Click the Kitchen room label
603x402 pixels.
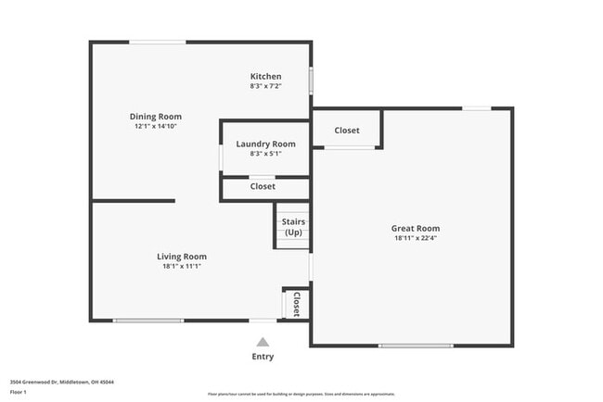[x=265, y=76]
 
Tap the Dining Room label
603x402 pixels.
[x=154, y=117]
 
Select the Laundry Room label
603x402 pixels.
[x=265, y=144]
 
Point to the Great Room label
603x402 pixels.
[x=416, y=228]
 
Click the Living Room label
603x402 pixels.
[x=181, y=257]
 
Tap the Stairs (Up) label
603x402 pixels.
[x=293, y=227]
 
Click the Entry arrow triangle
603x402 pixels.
[x=263, y=342]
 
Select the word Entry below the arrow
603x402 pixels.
[x=263, y=357]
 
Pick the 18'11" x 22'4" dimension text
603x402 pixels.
[x=416, y=238]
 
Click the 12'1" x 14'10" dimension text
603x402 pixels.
[x=154, y=126]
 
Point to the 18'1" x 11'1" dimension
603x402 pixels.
[x=181, y=266]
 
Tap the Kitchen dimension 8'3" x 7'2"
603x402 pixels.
[x=265, y=86]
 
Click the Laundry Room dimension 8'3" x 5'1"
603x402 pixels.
[x=265, y=154]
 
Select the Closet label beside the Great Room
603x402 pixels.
[x=347, y=131]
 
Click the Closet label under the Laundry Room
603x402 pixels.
[x=263, y=186]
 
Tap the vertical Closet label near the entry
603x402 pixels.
[x=297, y=305]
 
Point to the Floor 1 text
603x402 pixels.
[x=19, y=392]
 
